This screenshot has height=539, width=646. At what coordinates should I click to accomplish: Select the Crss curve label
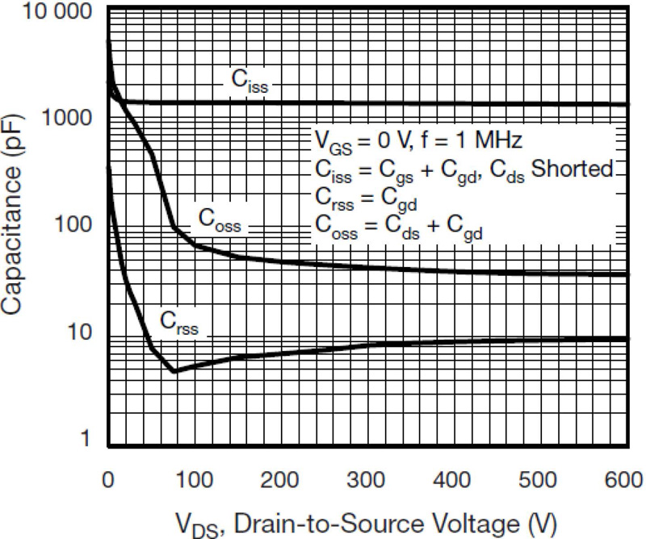pyautogui.click(x=178, y=324)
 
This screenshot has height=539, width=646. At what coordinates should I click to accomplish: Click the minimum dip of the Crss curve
pyautogui.click(x=174, y=371)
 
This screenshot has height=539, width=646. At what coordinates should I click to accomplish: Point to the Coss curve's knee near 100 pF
pyautogui.click(x=174, y=228)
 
